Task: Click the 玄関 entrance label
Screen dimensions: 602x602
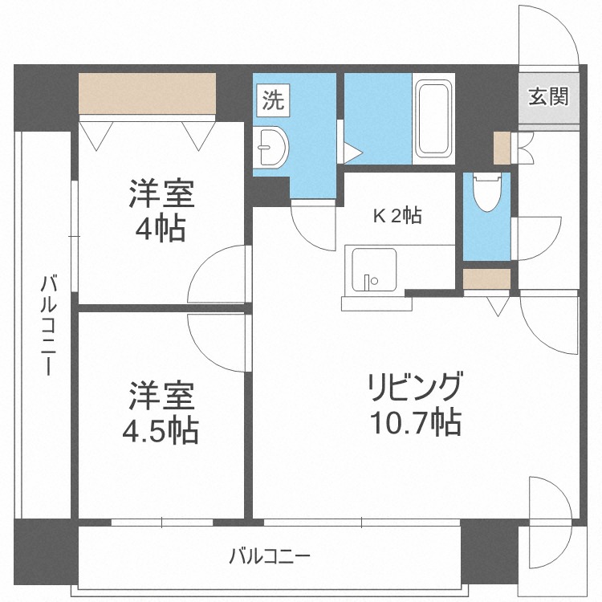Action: [x=548, y=97]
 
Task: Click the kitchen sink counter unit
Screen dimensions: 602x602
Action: [x=372, y=272]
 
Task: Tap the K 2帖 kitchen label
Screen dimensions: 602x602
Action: [x=398, y=215]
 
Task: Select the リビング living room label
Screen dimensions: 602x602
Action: [x=415, y=387]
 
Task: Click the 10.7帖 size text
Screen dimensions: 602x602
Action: [x=415, y=421]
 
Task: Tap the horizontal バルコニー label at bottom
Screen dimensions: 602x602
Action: [x=270, y=555]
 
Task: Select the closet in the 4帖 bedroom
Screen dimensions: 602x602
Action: [x=148, y=95]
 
